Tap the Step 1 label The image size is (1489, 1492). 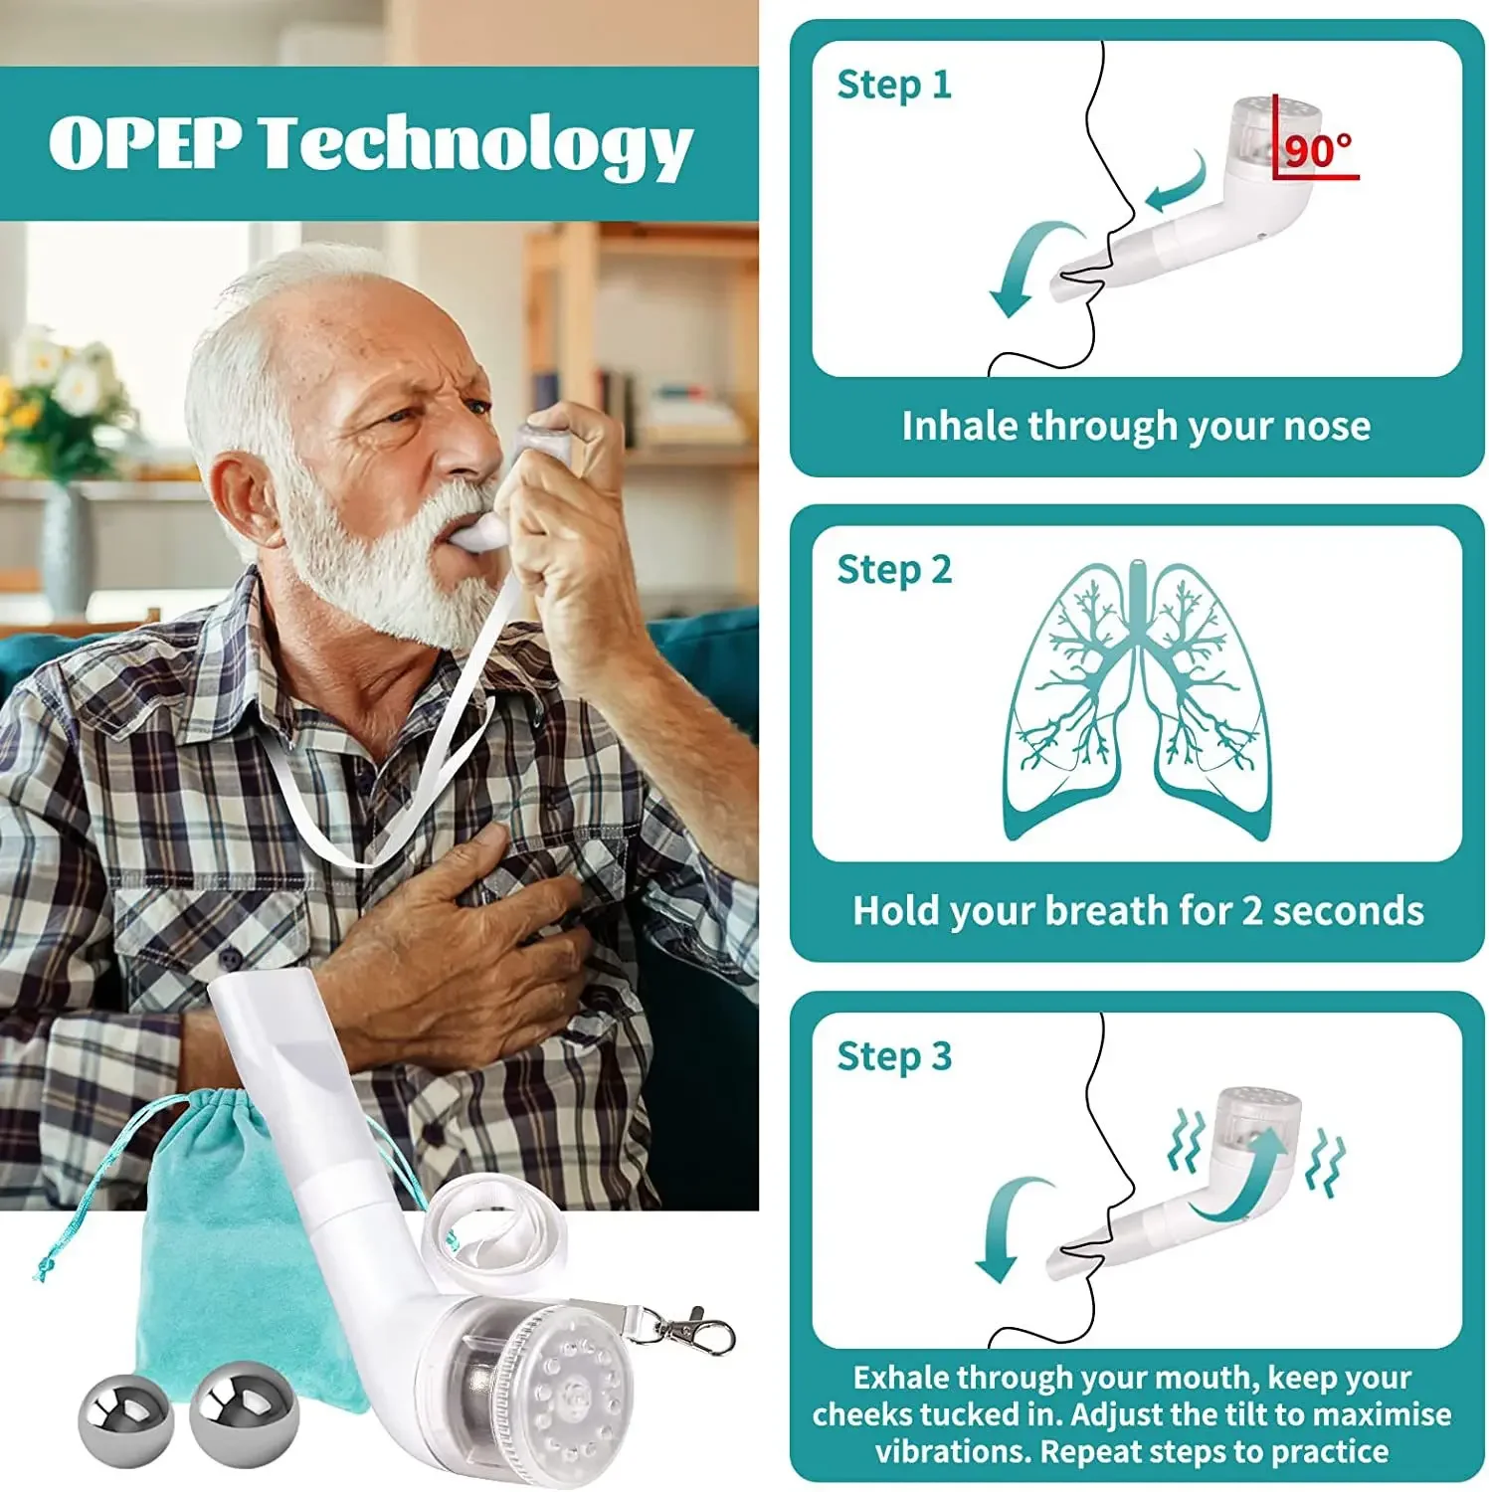tap(893, 85)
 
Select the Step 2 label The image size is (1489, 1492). tap(893, 570)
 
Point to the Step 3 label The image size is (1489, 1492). tap(893, 1056)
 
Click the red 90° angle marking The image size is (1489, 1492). tap(1317, 151)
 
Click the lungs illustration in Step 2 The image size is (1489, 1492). tap(1138, 701)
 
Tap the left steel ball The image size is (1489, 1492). tap(125, 1418)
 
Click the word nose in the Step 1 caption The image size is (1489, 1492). tap(1327, 426)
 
